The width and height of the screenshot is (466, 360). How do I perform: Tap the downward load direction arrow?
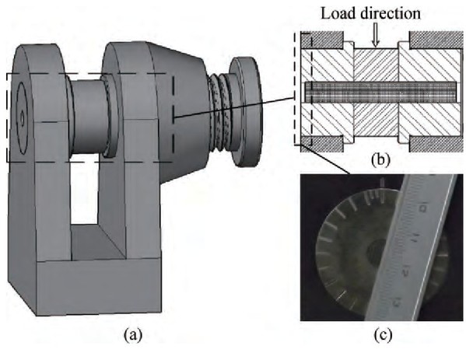tap(376, 34)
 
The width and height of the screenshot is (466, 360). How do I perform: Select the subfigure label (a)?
tap(133, 335)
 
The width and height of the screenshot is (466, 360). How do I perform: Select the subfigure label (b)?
tap(380, 159)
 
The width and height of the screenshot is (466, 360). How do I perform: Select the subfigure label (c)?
tap(383, 335)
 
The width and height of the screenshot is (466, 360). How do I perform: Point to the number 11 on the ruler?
tap(415, 238)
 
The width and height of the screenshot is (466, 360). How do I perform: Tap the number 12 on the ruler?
tap(405, 271)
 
